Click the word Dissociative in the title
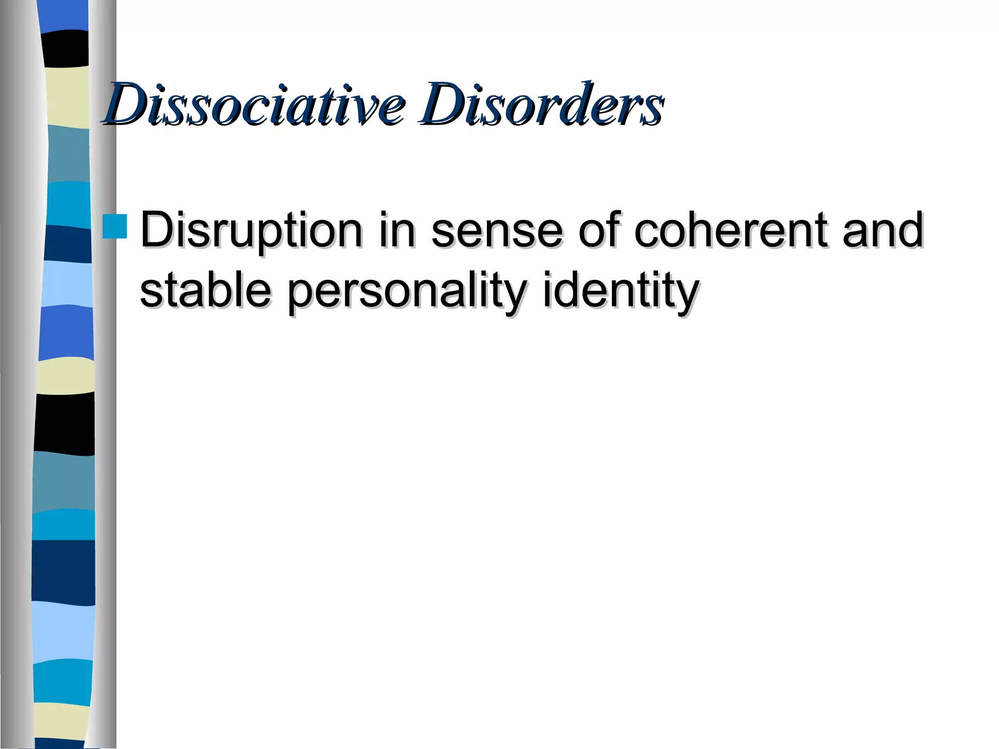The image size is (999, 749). [x=254, y=103]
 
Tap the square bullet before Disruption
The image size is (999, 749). [x=115, y=226]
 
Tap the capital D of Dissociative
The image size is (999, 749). [x=127, y=103]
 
